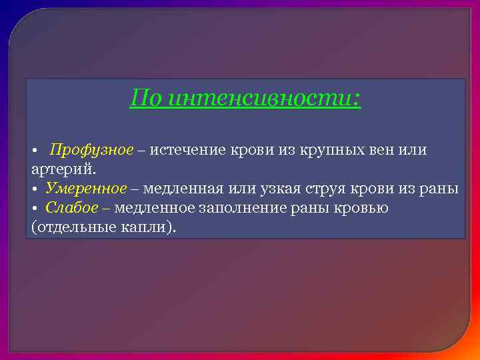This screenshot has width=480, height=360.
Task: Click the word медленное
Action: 155,208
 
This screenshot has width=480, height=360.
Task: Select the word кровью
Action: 365,208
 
